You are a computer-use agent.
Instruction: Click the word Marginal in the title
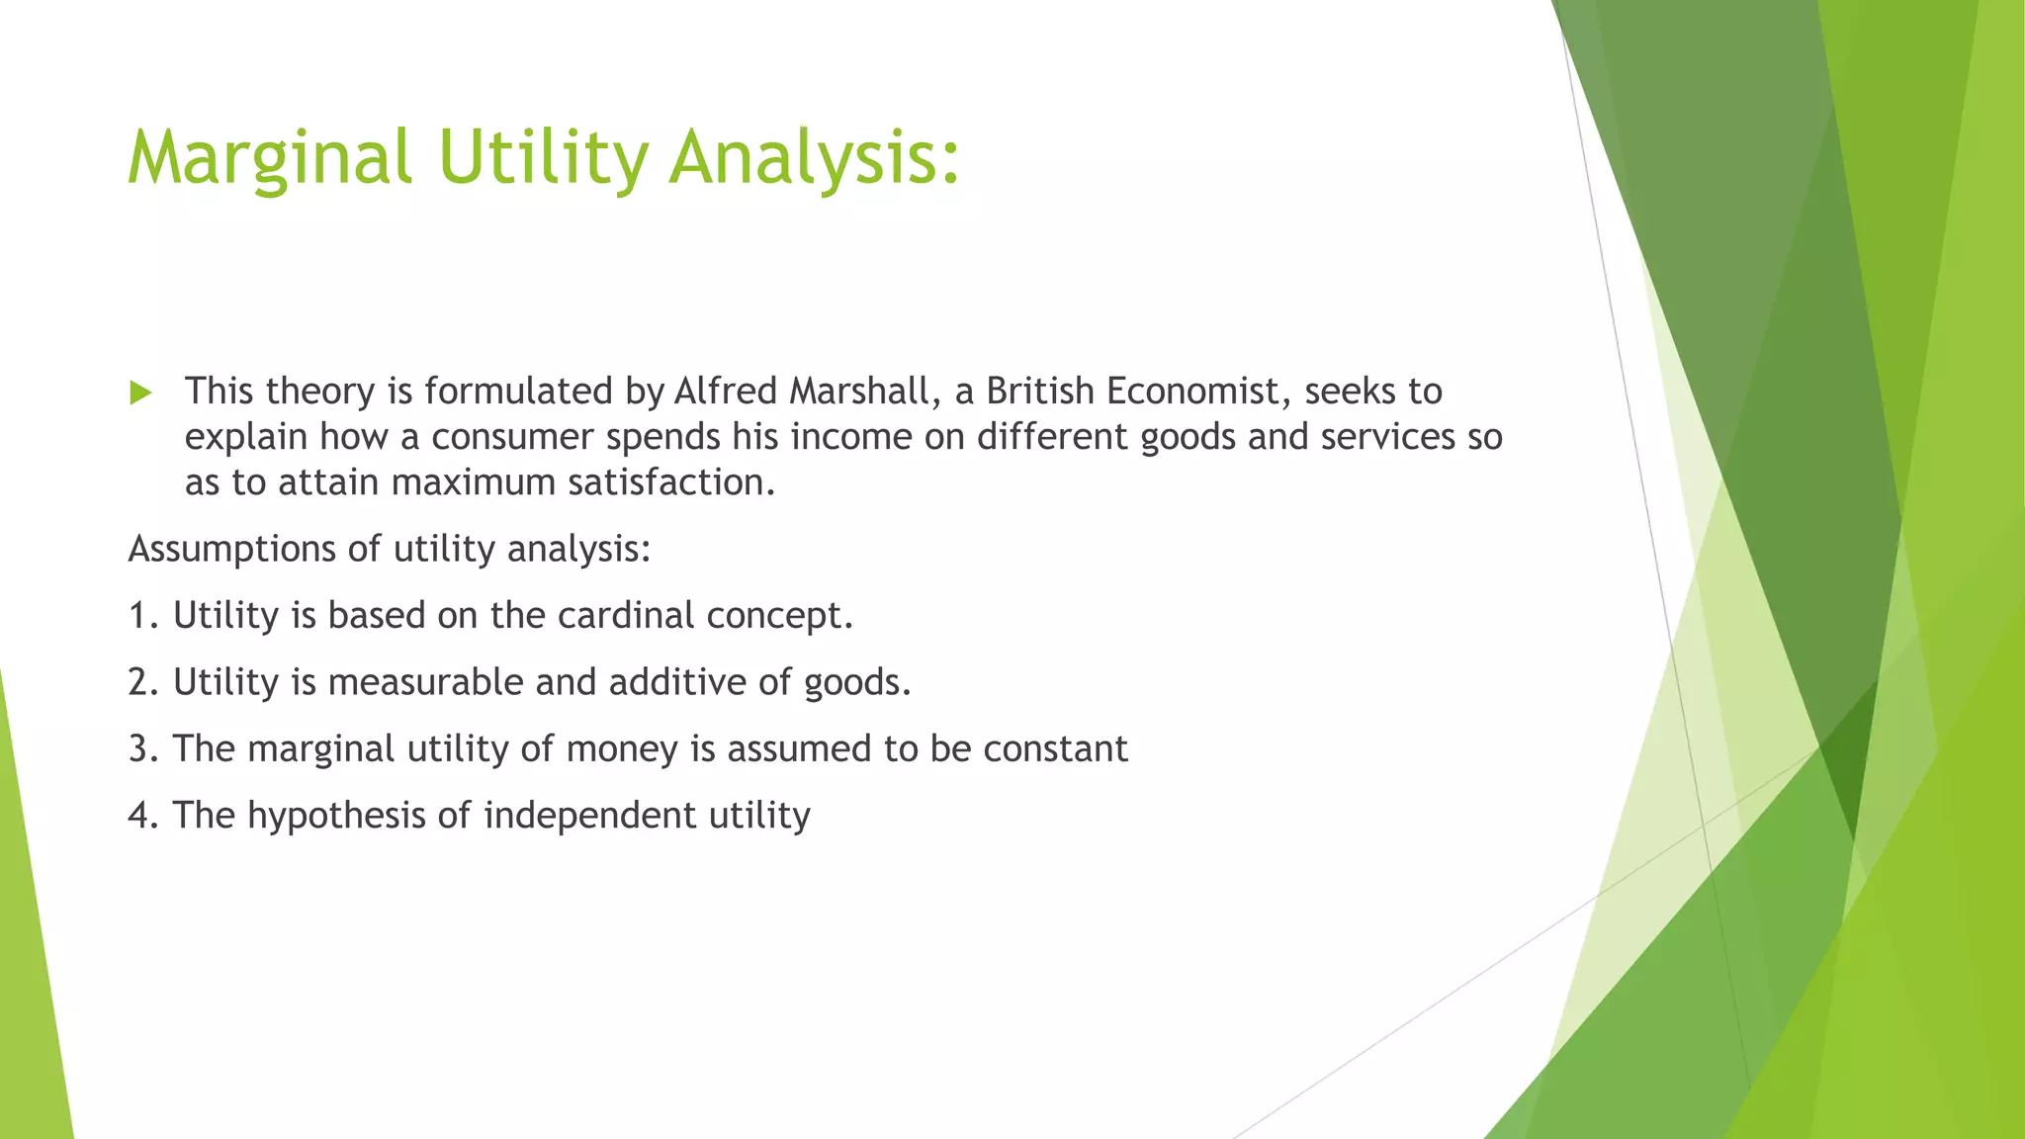pos(268,158)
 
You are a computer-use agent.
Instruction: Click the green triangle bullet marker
pos(140,394)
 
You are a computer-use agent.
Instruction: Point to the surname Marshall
pos(864,392)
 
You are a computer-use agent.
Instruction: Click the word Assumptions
pos(231,550)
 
